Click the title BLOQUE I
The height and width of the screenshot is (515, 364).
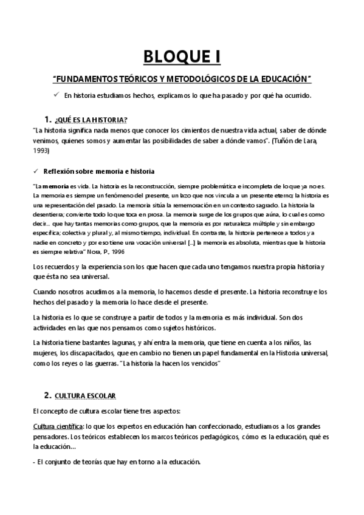pyautogui.click(x=182, y=58)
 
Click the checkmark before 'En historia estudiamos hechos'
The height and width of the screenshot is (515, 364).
pyautogui.click(x=55, y=95)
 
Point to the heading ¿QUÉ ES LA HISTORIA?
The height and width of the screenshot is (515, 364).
pyautogui.click(x=91, y=118)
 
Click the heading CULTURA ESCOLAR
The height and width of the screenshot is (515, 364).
pyautogui.click(x=84, y=396)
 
